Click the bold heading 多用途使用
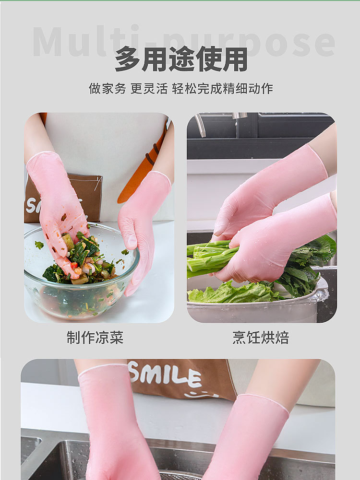181,59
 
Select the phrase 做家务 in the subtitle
107,88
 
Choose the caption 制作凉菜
95,338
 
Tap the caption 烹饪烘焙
261,338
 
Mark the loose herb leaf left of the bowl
39,245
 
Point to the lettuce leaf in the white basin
230,293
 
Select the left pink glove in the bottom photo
115,422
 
